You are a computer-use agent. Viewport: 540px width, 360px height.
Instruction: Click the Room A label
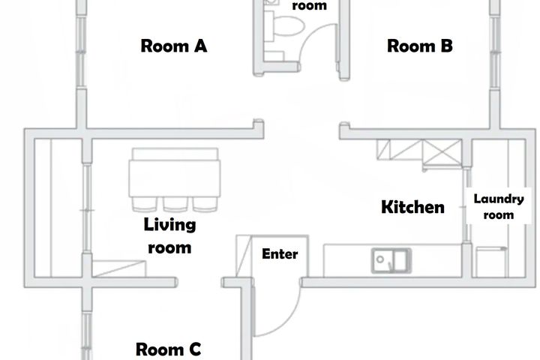click(174, 46)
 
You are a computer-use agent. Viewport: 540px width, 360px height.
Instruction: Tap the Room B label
click(420, 46)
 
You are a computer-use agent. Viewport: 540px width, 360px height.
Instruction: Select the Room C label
click(169, 349)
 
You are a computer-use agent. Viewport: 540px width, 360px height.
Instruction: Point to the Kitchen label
click(412, 207)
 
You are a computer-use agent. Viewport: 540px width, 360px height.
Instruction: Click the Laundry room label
click(499, 207)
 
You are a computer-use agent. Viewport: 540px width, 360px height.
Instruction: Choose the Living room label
click(169, 236)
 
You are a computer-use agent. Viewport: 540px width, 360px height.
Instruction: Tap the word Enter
click(280, 254)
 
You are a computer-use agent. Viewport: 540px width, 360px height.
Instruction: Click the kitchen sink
click(391, 261)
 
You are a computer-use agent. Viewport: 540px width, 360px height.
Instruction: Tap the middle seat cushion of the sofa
click(175, 204)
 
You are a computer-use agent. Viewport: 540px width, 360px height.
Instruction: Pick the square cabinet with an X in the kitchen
click(442, 152)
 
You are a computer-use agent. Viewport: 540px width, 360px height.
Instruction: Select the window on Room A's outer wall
click(80, 52)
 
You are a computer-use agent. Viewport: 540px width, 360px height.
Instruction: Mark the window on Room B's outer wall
click(495, 52)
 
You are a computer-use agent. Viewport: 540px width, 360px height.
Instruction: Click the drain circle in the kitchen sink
click(379, 259)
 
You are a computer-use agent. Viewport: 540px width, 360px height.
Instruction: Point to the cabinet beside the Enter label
click(244, 256)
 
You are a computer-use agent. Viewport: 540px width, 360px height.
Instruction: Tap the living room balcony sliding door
click(87, 208)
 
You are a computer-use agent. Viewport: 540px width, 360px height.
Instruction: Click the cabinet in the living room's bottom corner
click(119, 269)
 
